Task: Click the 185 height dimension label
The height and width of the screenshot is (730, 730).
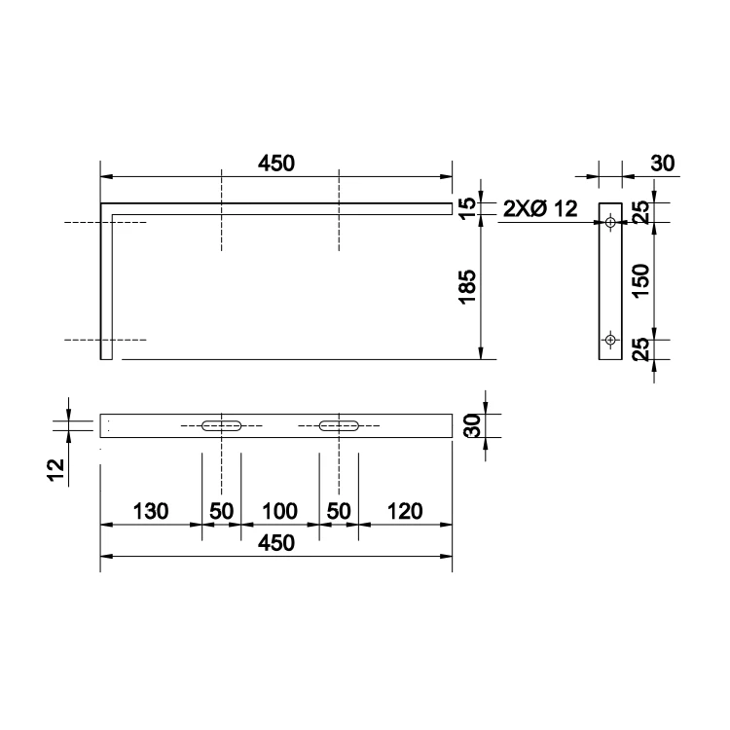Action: click(468, 286)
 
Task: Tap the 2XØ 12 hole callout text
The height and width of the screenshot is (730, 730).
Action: click(540, 208)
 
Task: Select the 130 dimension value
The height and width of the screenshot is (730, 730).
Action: click(150, 511)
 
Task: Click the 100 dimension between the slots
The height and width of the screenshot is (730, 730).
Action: click(279, 511)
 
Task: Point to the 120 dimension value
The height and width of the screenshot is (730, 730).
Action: click(405, 511)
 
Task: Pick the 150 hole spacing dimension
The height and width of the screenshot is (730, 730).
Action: click(641, 280)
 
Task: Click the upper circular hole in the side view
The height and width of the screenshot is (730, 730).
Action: click(610, 223)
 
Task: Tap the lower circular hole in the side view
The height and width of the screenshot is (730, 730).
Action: click(610, 340)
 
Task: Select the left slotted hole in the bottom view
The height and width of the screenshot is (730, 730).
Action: click(222, 425)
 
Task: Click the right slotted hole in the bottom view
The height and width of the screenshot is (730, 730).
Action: click(339, 425)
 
